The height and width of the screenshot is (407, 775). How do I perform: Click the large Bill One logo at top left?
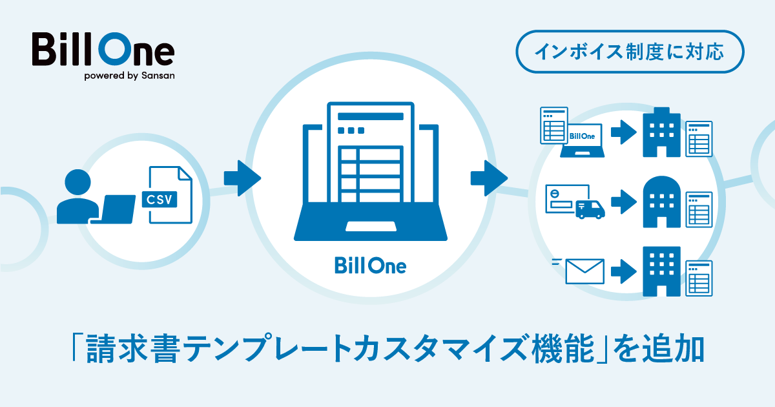pos(103,50)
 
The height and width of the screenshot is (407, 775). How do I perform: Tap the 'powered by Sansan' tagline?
pos(129,75)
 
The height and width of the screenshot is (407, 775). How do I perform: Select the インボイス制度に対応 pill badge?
pos(630,51)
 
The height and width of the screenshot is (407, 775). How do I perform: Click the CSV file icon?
pos(169,194)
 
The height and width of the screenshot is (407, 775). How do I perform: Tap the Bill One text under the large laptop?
pos(371,265)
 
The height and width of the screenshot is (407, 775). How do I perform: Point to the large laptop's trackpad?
pos(371,226)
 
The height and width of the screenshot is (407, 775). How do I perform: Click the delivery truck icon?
pos(589,208)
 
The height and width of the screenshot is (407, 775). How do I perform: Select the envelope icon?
pos(584,271)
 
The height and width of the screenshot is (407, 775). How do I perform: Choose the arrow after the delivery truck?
pos(624,202)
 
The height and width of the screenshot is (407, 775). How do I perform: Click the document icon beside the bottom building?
pos(699,277)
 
